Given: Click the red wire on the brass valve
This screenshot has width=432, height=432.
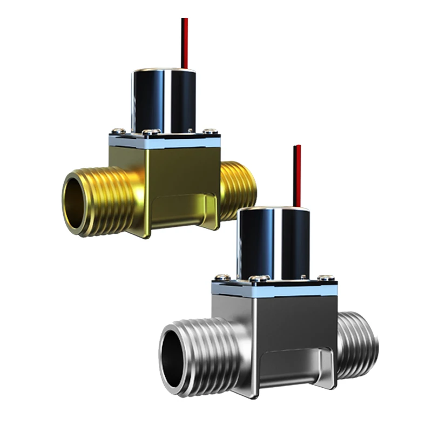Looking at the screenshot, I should pos(184,43).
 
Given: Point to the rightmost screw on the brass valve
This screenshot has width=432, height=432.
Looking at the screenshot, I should pos(210,131).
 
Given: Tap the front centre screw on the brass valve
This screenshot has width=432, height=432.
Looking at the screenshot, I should pos(152,132).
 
